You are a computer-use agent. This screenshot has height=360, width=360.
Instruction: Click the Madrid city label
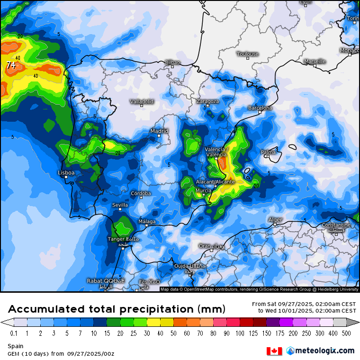[159, 131]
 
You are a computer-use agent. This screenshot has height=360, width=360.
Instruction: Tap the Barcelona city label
[260, 108]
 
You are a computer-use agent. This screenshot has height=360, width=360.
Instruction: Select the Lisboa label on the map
[66, 173]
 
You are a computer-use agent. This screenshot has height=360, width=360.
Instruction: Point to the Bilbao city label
[172, 63]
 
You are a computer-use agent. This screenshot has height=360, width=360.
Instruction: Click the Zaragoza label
[207, 101]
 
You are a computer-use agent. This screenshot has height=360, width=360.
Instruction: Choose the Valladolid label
[142, 101]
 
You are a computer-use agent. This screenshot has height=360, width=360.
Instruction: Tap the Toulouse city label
[248, 54]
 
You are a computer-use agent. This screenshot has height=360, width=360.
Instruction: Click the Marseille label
[315, 61]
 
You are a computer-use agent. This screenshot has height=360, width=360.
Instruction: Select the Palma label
[268, 152]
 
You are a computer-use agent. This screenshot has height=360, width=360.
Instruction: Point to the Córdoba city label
[141, 193]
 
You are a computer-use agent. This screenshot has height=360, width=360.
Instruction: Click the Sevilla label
[120, 205]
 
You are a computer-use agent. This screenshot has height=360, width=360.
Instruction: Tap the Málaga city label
[147, 221]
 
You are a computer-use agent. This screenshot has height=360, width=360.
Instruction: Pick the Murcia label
[203, 190]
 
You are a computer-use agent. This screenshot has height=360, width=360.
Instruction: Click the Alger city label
[275, 220]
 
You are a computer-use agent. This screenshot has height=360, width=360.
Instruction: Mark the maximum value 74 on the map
[11, 65]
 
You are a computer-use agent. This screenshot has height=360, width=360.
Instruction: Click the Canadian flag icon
[274, 351]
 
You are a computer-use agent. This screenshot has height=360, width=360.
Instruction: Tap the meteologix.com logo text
[324, 351]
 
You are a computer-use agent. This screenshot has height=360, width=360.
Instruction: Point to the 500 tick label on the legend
[347, 333]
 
